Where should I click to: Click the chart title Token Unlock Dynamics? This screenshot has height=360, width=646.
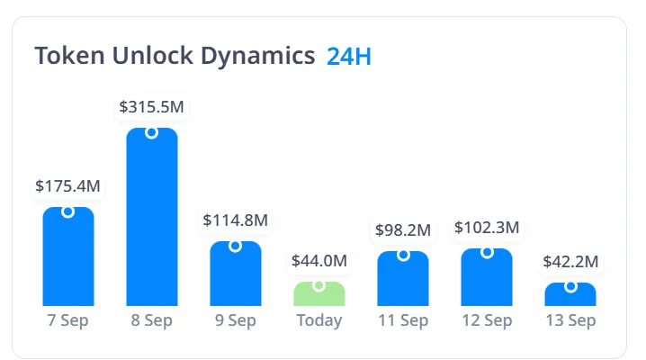click(x=175, y=56)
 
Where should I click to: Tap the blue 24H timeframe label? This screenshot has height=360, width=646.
click(x=349, y=56)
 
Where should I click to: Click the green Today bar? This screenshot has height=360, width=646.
click(x=319, y=295)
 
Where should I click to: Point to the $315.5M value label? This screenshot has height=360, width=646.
click(x=152, y=107)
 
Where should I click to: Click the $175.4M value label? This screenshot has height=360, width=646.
click(x=68, y=186)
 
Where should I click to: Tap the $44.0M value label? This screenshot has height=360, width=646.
click(x=319, y=261)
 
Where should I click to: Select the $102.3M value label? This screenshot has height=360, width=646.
click(x=487, y=228)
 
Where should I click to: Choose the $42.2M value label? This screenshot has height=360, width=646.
click(x=570, y=262)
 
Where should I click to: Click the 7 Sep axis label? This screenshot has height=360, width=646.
click(x=68, y=321)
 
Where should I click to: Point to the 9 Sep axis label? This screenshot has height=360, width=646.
click(x=236, y=321)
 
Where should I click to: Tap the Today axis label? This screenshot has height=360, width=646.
click(x=319, y=321)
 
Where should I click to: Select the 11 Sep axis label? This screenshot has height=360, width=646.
click(x=403, y=321)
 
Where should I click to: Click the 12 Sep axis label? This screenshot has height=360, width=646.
click(x=487, y=321)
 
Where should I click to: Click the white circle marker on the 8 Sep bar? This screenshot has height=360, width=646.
click(x=152, y=132)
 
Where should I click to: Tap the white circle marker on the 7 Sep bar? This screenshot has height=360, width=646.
click(x=68, y=211)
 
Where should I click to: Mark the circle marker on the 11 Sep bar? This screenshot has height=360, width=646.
click(x=403, y=255)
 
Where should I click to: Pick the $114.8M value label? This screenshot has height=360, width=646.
click(x=236, y=220)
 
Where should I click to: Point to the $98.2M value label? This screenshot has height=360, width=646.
click(x=403, y=230)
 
